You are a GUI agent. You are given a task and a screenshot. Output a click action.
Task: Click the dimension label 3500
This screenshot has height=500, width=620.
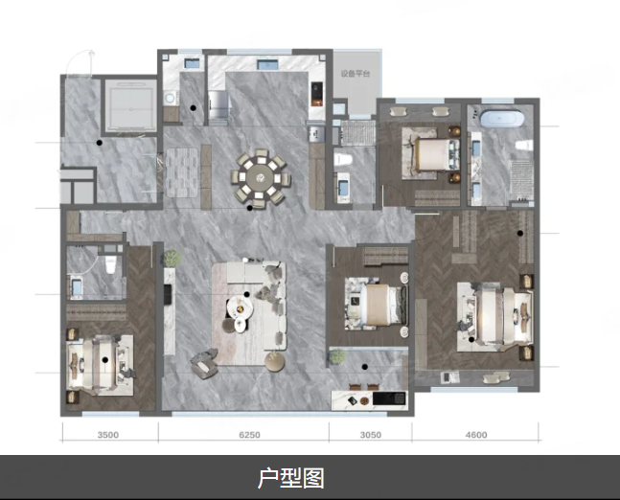point(107,435)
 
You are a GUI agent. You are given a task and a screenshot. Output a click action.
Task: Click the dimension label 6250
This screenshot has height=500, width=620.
point(246,435)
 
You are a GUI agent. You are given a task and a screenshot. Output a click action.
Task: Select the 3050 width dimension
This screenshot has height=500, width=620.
point(371,435)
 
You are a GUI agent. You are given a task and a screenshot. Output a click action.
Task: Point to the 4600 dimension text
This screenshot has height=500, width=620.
point(475,435)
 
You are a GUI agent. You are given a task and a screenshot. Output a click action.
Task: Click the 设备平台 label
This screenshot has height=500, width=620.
point(355,73)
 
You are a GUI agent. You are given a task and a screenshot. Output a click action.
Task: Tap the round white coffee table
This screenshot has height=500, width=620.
point(237,308)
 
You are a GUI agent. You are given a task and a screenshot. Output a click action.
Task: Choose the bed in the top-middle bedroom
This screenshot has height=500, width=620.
point(431,152)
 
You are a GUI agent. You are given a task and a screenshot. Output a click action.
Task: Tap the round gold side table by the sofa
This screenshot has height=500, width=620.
point(274,360)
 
